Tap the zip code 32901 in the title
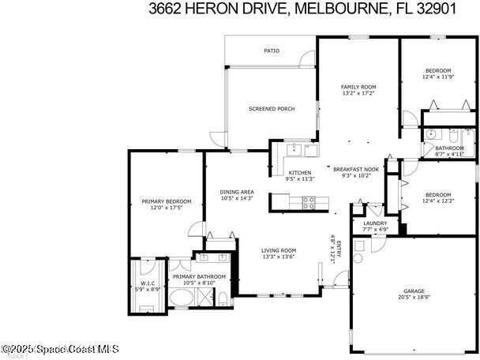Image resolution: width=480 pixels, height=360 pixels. (450, 9)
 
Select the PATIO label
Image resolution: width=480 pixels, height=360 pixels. (272, 51)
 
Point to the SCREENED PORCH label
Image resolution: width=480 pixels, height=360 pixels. (272, 109)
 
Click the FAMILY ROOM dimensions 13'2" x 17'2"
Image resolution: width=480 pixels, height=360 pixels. (358, 93)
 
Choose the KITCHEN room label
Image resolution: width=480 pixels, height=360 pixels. (299, 172)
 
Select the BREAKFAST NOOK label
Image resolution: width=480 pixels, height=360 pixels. (356, 169)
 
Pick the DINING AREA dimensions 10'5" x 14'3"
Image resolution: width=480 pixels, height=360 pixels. (236, 198)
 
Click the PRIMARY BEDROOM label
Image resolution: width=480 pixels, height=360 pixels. (162, 201)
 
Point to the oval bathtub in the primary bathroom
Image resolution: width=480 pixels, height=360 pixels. (184, 299)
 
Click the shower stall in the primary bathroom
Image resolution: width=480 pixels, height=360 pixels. (205, 298)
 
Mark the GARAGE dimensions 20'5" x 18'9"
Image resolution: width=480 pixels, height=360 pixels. (414, 298)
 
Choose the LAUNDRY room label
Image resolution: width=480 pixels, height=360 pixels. (375, 223)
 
